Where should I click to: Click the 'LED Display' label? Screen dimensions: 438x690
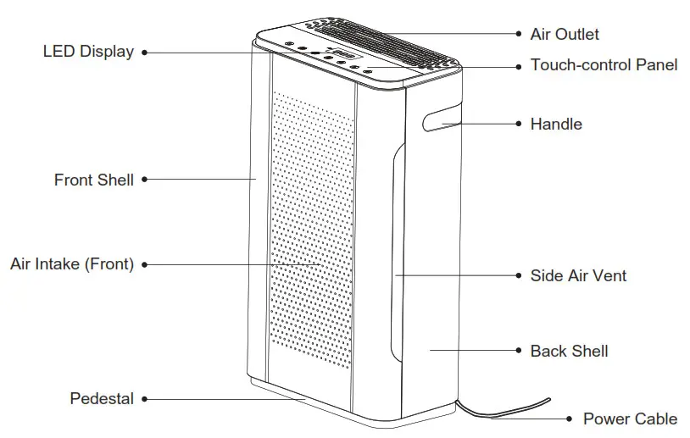click(88, 52)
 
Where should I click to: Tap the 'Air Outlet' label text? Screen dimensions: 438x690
click(564, 34)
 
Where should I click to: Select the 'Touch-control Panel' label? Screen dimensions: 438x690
click(604, 64)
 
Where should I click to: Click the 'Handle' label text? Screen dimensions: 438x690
click(556, 124)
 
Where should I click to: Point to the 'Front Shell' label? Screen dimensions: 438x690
click(94, 180)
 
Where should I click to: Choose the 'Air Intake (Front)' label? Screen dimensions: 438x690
click(72, 263)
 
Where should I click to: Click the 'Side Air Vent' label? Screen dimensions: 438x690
click(578, 275)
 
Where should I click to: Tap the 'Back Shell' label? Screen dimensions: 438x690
click(569, 351)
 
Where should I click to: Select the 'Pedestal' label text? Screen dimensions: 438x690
click(102, 398)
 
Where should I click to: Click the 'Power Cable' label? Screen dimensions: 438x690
click(630, 419)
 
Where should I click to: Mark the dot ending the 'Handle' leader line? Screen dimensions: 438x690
click(519, 124)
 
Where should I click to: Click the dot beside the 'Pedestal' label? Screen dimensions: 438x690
click(144, 398)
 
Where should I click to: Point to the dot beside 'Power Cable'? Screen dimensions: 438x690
click(570, 419)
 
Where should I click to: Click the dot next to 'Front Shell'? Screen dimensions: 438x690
click(144, 180)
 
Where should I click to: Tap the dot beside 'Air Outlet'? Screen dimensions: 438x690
click(519, 34)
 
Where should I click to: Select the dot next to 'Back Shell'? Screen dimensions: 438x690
click(519, 351)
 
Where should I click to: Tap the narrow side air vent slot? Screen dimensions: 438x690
click(395, 254)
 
